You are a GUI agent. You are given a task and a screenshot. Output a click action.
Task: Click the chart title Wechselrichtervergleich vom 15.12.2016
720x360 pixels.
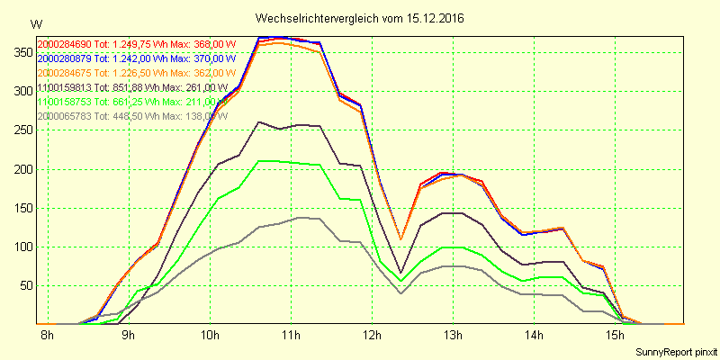(360, 18)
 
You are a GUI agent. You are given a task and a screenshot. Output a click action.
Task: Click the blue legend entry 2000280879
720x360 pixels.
(135, 58)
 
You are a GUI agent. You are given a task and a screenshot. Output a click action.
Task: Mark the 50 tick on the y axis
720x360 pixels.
(23, 285)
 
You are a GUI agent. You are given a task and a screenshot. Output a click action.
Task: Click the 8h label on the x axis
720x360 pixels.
(48, 335)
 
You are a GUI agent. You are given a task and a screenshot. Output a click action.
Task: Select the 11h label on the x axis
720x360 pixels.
(291, 335)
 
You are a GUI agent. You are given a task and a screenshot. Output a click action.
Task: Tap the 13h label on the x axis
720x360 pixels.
(453, 335)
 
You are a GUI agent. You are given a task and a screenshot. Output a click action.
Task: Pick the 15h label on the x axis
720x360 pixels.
(616, 335)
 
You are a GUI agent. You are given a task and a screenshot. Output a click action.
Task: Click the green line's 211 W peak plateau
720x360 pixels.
(270, 161)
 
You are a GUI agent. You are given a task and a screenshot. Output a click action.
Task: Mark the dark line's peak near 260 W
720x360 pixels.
(259, 121)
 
